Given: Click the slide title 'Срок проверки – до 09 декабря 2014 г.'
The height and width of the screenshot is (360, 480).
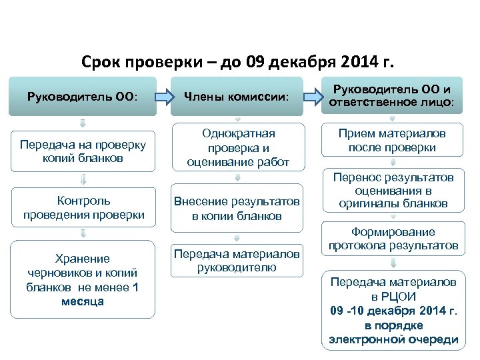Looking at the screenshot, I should tap(238, 63).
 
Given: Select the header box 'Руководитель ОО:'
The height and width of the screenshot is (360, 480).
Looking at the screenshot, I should tap(83, 97).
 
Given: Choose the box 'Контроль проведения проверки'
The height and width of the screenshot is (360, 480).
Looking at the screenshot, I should tap(83, 207).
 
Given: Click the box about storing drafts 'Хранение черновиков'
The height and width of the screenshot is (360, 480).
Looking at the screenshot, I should tap(83, 279).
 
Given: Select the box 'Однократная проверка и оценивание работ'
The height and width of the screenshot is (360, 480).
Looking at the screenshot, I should tap(238, 147).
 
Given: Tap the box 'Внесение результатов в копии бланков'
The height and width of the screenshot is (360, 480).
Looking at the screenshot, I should tap(238, 208).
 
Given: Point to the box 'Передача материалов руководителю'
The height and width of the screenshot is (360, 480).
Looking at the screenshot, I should tap(238, 261).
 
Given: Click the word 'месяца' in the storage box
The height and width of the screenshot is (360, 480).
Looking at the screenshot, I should tap(83, 301).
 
